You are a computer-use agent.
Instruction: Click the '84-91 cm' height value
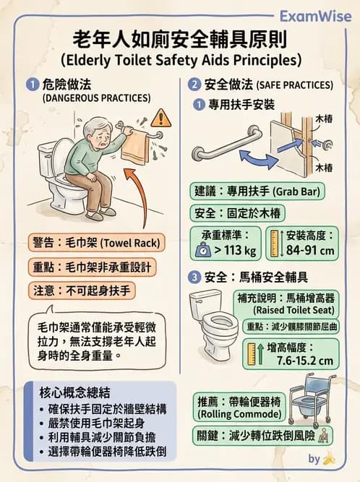tap(311, 251)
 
